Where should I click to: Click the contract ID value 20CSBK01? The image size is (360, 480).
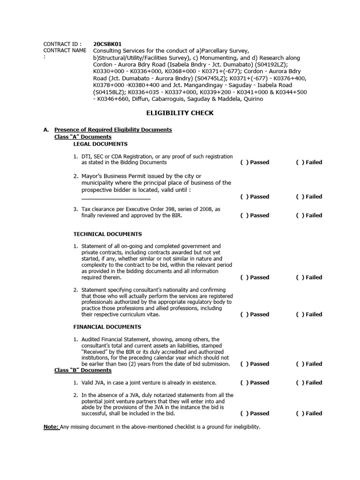tap(108, 44)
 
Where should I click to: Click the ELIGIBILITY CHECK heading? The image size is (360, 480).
tap(180, 113)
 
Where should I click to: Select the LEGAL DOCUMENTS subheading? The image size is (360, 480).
tap(100, 144)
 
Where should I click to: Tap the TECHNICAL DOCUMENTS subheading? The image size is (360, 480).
tap(107, 234)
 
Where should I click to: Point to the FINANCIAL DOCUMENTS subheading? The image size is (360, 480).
tap(107, 327)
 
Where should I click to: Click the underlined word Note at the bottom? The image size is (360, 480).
tap(51, 427)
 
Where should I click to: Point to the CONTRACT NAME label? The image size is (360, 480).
tap(65, 50)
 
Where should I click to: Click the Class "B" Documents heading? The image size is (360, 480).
tap(83, 370)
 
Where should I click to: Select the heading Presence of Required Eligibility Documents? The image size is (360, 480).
tap(113, 129)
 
